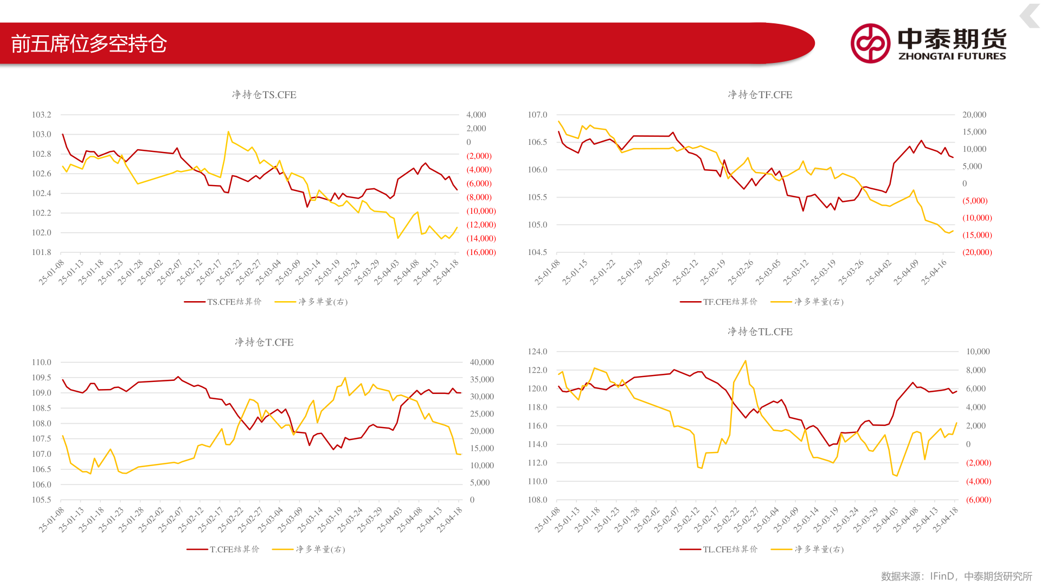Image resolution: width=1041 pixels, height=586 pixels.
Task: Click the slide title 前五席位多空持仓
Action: click(89, 43)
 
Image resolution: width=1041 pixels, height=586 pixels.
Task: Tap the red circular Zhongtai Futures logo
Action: click(870, 43)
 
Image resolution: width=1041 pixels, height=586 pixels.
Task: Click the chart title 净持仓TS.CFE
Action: click(264, 94)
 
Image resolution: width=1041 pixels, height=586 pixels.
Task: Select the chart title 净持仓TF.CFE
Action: click(760, 94)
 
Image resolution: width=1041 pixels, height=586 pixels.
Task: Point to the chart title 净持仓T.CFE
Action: click(264, 342)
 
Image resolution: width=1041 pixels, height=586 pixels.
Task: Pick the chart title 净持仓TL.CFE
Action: click(760, 332)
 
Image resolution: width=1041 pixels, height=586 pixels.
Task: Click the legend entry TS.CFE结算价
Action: click(223, 302)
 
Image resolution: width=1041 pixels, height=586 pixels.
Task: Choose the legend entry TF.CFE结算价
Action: click(719, 302)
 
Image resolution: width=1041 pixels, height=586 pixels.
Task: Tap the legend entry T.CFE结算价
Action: click(223, 549)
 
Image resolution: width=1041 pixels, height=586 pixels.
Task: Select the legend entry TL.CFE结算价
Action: click(719, 549)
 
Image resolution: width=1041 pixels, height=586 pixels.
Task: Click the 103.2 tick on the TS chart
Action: click(42, 114)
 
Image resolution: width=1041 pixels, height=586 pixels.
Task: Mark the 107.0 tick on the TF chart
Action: click(538, 114)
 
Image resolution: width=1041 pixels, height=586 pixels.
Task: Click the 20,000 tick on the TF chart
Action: click(974, 114)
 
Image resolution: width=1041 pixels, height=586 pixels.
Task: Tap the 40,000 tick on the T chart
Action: click(482, 362)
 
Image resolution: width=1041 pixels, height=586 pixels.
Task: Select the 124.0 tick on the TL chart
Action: click(538, 352)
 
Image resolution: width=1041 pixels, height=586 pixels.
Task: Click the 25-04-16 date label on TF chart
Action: click(935, 271)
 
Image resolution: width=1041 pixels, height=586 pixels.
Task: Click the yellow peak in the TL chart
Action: click(746, 361)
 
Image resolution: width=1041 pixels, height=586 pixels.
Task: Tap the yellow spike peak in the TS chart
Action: click(228, 132)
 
